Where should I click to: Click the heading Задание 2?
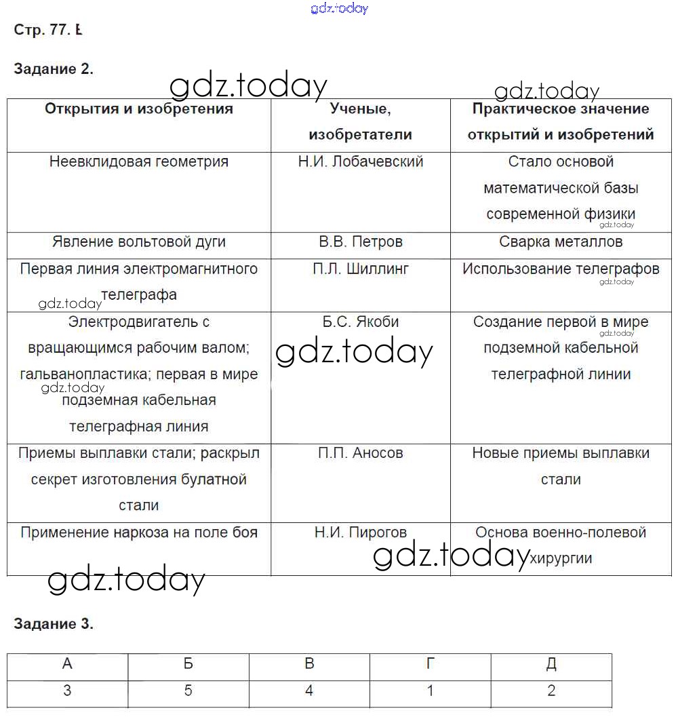coord(53,69)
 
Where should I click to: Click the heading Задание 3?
coord(53,624)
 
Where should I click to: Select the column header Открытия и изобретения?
coord(139,109)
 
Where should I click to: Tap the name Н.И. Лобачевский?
coord(361,161)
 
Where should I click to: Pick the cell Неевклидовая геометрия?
coord(139,161)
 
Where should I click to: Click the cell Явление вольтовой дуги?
coord(139,241)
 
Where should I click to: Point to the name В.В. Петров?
coord(361,241)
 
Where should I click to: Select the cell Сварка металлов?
coord(561,241)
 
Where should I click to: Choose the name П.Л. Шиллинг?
coord(361,269)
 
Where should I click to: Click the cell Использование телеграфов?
coord(561,269)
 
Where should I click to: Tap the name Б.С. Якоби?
coord(361,322)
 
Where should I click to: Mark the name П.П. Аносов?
coord(361,452)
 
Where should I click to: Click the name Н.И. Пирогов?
coord(361,532)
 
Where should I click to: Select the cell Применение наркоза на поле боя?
coord(139,532)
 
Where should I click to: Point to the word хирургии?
coord(561,558)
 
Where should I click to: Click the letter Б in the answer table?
coord(188,664)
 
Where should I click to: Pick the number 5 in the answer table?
coord(188,691)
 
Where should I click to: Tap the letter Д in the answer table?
coord(551,664)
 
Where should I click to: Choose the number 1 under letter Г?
coord(430,691)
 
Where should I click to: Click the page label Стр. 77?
coord(42,30)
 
